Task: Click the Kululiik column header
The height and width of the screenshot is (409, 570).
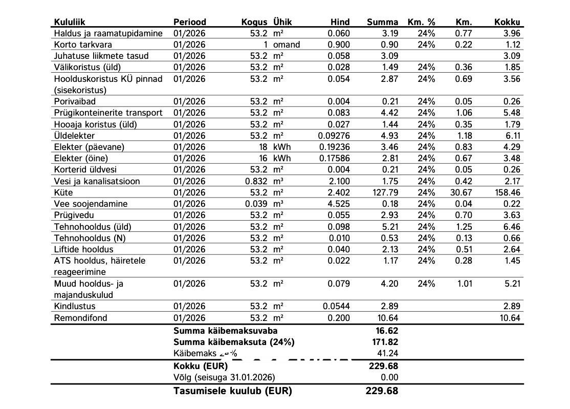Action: tap(69, 22)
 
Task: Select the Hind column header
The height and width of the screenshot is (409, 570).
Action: tap(340, 22)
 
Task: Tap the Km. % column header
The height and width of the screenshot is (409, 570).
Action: tap(421, 22)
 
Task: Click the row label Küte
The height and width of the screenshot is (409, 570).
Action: tap(63, 192)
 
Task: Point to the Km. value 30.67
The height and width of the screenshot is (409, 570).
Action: tap(461, 192)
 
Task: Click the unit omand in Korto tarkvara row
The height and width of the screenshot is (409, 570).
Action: tap(287, 45)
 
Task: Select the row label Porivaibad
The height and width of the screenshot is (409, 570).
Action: tap(75, 101)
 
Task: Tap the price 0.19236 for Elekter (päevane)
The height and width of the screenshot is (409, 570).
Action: tap(334, 147)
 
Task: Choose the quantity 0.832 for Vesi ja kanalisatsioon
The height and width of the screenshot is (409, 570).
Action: tap(256, 181)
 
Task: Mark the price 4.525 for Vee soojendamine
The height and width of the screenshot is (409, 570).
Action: tap(339, 204)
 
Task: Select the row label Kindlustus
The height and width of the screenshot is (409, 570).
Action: tap(75, 307)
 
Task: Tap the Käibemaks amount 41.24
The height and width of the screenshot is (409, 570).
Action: tap(387, 353)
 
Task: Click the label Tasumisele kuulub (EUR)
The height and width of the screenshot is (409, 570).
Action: tap(233, 391)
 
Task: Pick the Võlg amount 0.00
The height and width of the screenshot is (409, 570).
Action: tap(389, 378)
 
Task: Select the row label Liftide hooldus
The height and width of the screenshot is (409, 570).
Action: tap(83, 249)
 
